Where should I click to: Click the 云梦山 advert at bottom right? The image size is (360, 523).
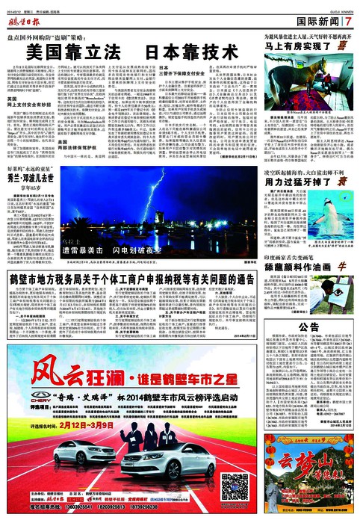[x=317, y=493]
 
